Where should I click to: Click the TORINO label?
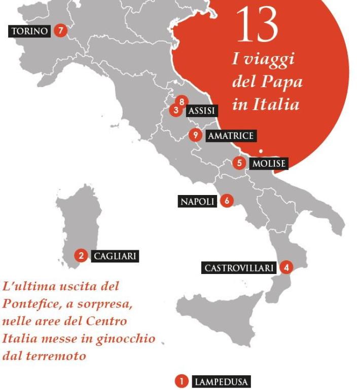30,31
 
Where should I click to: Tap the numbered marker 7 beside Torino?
60,30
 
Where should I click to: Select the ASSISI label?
201,110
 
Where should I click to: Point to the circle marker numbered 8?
181,101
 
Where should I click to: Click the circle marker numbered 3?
176,109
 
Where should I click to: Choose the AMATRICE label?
230,136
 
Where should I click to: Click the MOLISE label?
269,164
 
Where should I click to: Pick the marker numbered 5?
239,163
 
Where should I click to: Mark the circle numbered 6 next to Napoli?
227,201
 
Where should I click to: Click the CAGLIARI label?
115,256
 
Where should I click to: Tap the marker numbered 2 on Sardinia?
81,255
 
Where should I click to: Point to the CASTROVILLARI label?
239,268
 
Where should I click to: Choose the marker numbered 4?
286,267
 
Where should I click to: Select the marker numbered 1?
181,381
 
